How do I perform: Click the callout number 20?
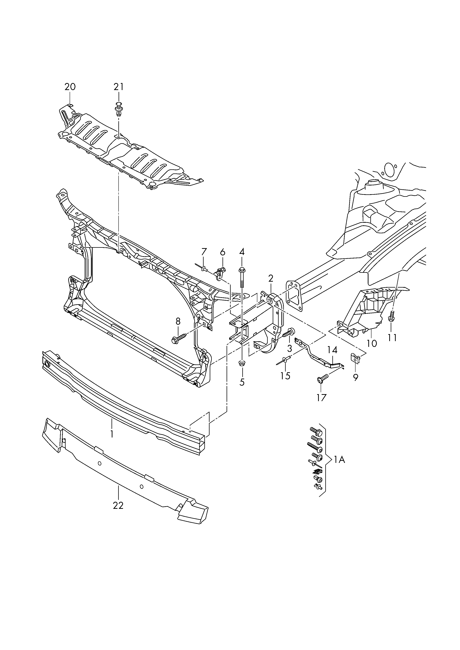70,87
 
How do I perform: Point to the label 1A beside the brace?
339,460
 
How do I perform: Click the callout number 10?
372,344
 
